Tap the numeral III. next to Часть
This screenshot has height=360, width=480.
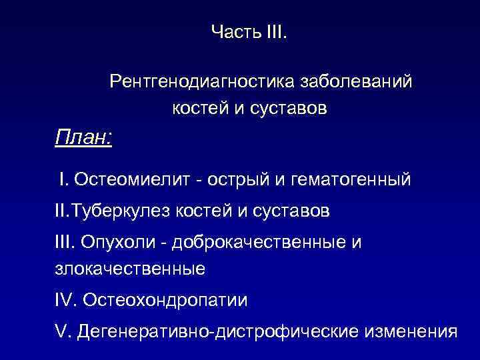tap(273, 31)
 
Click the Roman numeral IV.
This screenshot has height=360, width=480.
tap(65, 300)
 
